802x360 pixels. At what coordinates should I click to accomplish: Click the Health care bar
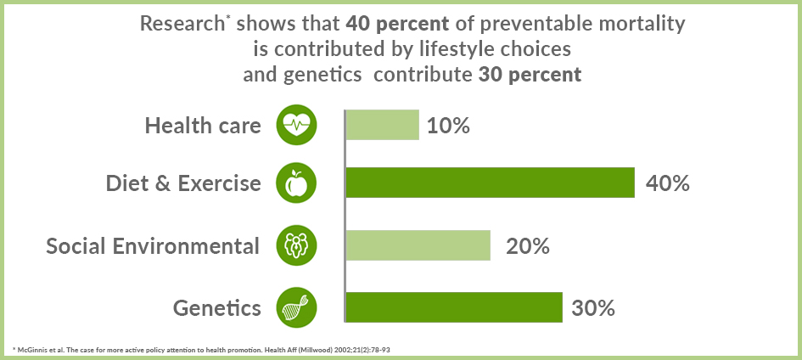click(x=383, y=125)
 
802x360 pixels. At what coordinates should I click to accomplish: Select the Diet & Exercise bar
click(x=491, y=183)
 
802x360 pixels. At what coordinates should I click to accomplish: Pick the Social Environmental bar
click(x=418, y=245)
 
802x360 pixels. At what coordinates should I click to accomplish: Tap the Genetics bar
click(x=454, y=307)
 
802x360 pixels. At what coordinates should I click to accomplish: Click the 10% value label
click(x=449, y=126)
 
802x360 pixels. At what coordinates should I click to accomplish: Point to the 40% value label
click(x=668, y=183)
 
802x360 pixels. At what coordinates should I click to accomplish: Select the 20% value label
click(x=528, y=246)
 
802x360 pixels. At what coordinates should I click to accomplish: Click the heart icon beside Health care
click(x=297, y=125)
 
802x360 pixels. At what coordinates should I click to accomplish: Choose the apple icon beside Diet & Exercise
click(x=297, y=183)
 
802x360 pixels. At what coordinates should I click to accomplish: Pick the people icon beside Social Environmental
click(x=297, y=245)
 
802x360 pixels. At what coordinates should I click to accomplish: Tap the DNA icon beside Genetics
click(x=297, y=307)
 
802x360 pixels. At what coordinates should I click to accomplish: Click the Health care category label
click(x=203, y=126)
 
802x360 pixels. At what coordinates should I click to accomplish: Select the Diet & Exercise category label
click(x=183, y=183)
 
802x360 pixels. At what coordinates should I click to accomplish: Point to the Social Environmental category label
click(x=153, y=246)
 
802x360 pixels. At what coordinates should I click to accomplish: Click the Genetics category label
click(x=217, y=307)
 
